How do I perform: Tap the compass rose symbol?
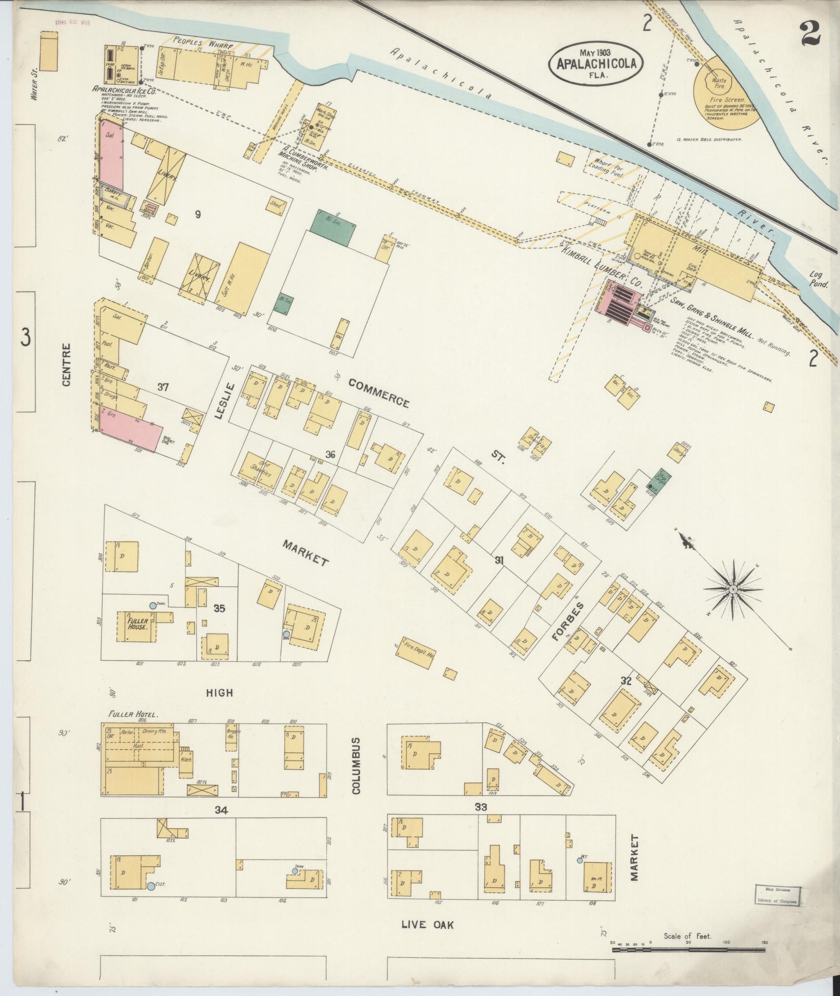click(x=732, y=589)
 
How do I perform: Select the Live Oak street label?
click(x=428, y=925)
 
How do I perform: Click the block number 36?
click(x=330, y=455)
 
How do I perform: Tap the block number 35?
click(x=219, y=608)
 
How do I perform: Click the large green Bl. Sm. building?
click(x=333, y=222)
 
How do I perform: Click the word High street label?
click(x=219, y=692)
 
